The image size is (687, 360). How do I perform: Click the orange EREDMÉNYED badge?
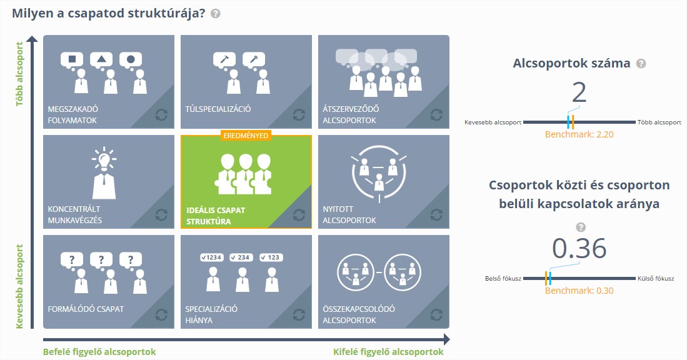[x=246, y=136]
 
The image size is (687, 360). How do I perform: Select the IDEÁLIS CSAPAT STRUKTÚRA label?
[x=216, y=216]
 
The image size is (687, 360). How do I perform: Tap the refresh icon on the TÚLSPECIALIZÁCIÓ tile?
[x=299, y=115]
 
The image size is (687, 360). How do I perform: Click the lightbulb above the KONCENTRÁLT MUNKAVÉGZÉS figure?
[x=104, y=158]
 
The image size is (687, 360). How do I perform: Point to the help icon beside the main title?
[x=215, y=14]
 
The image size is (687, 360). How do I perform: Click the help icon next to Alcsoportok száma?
[x=641, y=64]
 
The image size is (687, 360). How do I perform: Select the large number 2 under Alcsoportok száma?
[x=579, y=93]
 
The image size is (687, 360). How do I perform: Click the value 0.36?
[x=579, y=249]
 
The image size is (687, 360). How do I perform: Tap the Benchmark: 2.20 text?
[x=579, y=135]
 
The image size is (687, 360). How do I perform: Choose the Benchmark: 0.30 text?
[x=579, y=291]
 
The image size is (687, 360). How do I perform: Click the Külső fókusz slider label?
[x=656, y=279]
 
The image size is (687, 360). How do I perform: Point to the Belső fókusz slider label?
[x=503, y=279]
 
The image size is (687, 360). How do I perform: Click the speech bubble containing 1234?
[x=212, y=257]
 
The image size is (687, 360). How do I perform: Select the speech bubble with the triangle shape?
[x=101, y=60]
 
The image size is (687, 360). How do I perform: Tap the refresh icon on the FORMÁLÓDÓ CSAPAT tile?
[x=161, y=314]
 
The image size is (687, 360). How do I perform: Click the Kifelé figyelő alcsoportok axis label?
[x=388, y=352]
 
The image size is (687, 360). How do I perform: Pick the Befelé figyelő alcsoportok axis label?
[x=99, y=352]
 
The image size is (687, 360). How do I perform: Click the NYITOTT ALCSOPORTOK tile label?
[x=349, y=214]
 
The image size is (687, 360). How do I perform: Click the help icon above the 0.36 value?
[x=581, y=227]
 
